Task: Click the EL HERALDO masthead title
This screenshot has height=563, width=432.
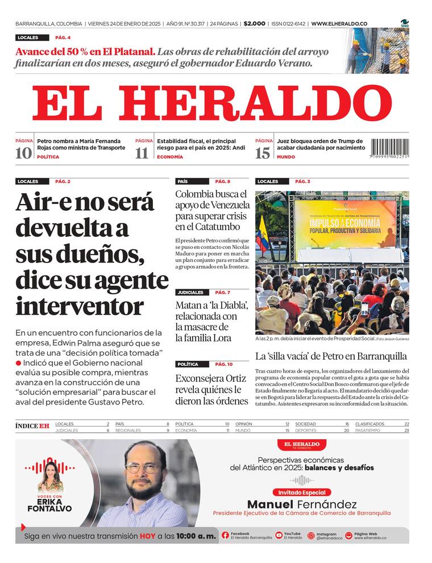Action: tap(211, 104)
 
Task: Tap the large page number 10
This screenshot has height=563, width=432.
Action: tap(23, 152)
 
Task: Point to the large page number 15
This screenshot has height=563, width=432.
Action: tap(263, 152)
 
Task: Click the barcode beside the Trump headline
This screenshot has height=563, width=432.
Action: tap(390, 149)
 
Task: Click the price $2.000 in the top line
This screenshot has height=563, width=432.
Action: tap(254, 24)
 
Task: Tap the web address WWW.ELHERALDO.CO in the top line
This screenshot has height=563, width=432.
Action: tap(339, 24)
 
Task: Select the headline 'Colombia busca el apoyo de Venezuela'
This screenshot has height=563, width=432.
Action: tap(212, 210)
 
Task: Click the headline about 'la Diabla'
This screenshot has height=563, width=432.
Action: tap(211, 322)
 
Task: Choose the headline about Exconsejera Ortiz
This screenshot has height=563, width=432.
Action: tap(212, 389)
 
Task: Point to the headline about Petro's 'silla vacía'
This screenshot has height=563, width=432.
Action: tap(331, 357)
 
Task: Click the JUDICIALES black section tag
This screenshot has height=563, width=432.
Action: tap(190, 292)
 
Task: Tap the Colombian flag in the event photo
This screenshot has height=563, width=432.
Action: tap(262, 233)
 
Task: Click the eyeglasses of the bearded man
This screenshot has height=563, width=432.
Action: tap(143, 469)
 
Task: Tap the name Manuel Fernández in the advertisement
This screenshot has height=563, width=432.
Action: tap(302, 504)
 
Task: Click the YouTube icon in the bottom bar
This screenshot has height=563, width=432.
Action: tap(279, 535)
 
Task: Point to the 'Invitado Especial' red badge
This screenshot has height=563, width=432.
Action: tap(302, 493)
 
